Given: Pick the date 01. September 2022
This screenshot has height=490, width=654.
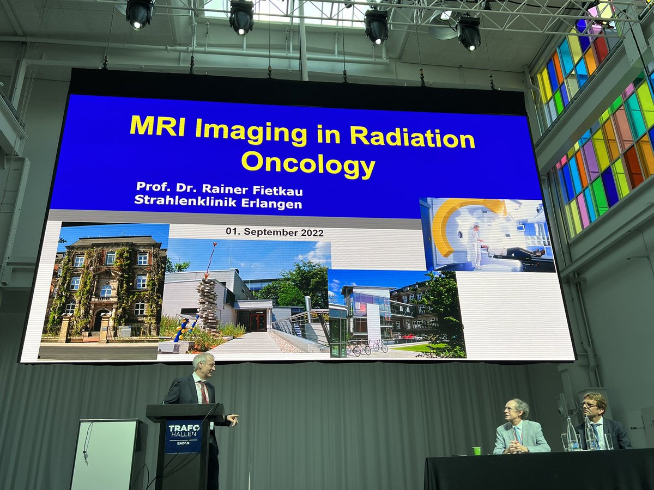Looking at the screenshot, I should (275, 232).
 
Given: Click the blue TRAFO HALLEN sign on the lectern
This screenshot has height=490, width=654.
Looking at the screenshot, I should (183, 434).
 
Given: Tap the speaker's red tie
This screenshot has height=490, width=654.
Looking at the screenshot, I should (204, 391).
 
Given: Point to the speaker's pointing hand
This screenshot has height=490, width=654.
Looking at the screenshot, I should (233, 419).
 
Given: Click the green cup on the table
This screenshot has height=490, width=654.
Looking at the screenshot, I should (476, 451).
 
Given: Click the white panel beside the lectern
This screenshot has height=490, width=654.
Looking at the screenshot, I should (108, 455).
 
